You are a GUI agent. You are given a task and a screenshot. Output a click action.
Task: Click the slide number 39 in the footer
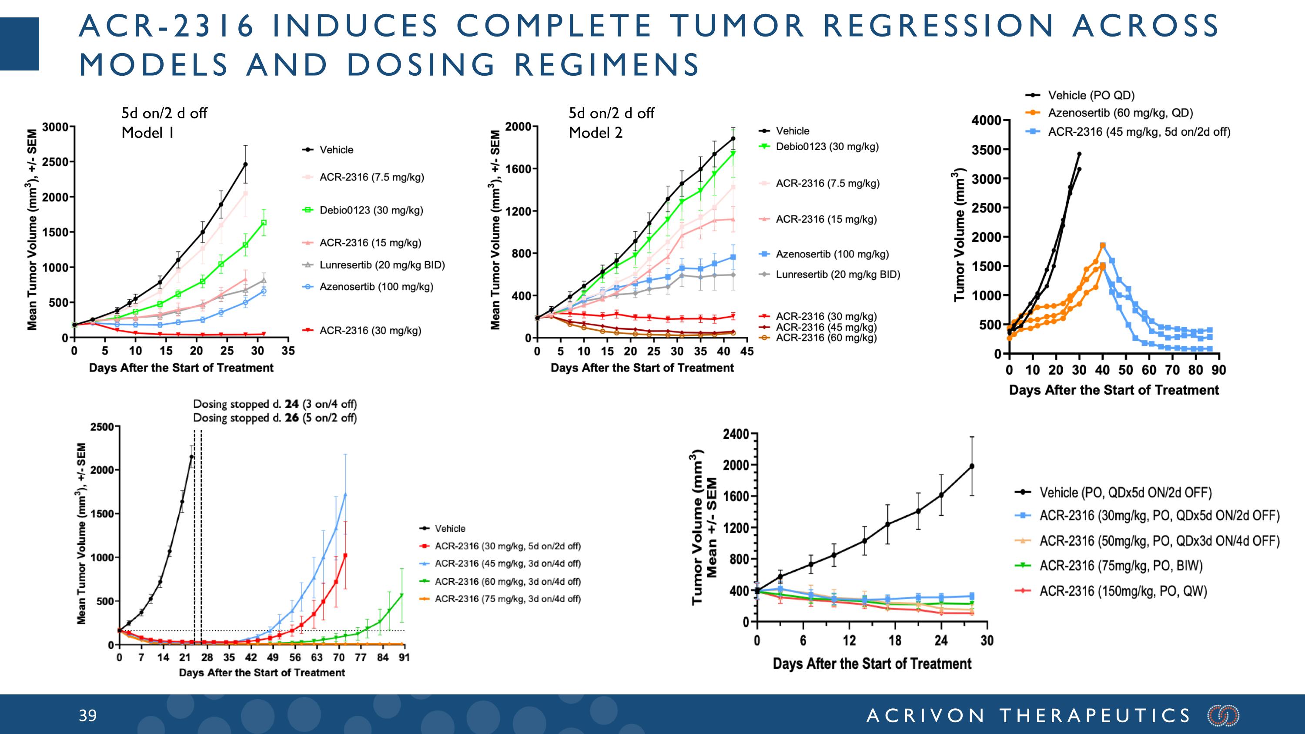(87, 715)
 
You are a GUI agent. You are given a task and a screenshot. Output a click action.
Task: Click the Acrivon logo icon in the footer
(1223, 715)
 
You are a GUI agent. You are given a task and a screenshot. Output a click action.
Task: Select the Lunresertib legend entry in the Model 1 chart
(381, 265)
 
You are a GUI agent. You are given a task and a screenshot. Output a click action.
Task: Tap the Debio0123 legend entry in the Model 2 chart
(827, 147)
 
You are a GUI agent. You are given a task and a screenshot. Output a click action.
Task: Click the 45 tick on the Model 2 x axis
(747, 351)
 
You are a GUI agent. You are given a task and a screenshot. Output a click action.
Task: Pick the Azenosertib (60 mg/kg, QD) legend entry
(1120, 113)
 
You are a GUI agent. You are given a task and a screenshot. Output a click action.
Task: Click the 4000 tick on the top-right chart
(986, 121)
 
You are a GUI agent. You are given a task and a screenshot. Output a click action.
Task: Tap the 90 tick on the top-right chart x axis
(1218, 370)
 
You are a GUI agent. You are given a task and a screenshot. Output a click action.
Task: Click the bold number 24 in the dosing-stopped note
(291, 404)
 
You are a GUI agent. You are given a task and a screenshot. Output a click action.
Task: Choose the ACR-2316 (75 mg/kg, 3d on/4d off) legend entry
(507, 599)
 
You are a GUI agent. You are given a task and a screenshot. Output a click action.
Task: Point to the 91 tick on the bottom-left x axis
(404, 657)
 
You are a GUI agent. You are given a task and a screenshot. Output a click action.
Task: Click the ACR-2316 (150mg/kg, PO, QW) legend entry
(1123, 591)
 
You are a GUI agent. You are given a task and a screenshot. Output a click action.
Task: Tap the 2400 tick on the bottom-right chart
(736, 434)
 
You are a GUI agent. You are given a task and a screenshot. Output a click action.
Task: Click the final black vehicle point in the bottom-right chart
(972, 466)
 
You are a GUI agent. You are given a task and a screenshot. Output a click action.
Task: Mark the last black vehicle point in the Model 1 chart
(245, 164)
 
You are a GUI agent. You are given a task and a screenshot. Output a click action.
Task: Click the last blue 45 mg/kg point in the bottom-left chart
(345, 495)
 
